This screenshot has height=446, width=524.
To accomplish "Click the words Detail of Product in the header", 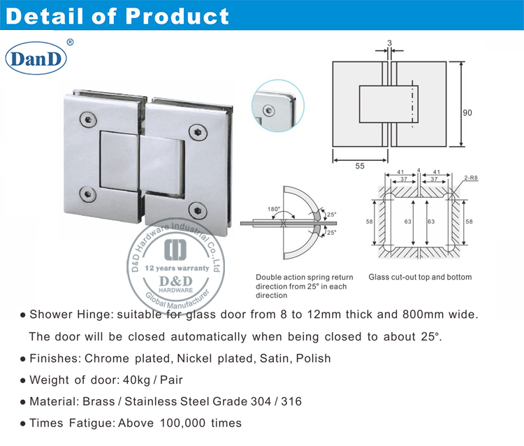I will [x=117, y=15].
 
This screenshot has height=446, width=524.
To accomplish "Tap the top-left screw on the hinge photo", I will [x=89, y=119].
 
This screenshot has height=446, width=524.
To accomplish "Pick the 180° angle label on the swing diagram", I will [x=273, y=209].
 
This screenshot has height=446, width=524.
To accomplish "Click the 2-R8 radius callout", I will [x=472, y=178].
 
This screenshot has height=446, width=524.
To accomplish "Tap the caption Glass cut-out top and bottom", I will [x=420, y=277].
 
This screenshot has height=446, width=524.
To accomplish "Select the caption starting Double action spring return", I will [x=304, y=277].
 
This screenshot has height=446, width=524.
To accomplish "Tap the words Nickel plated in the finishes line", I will [x=203, y=359].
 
